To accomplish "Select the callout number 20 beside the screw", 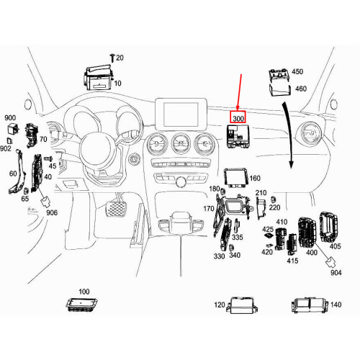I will point(120,58).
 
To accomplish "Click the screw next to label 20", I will point(111,57).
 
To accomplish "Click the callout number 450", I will point(297,72).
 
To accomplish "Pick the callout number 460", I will point(300,89).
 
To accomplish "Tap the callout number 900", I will point(10,117).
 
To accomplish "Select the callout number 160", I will point(255,178).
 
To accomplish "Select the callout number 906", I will point(52,213).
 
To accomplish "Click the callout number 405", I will point(335,247).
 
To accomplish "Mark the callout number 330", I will point(220,256).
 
